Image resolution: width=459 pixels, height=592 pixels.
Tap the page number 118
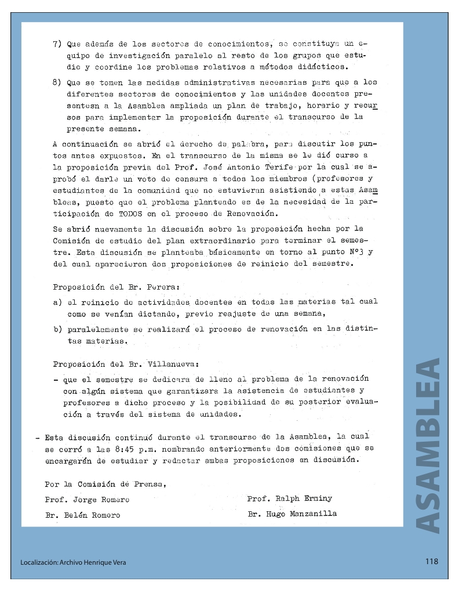(x=431, y=561)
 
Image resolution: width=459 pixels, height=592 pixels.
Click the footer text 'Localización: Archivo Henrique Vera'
(x=72, y=562)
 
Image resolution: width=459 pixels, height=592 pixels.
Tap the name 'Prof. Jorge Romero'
(x=87, y=499)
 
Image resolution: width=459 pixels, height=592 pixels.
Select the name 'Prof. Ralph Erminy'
(x=290, y=498)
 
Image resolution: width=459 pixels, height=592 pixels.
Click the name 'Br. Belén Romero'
(x=82, y=515)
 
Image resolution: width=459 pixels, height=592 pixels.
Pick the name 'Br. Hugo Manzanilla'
(x=292, y=514)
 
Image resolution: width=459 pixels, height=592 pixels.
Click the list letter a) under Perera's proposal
(x=57, y=302)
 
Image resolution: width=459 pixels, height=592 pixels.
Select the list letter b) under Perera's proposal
(x=57, y=330)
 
